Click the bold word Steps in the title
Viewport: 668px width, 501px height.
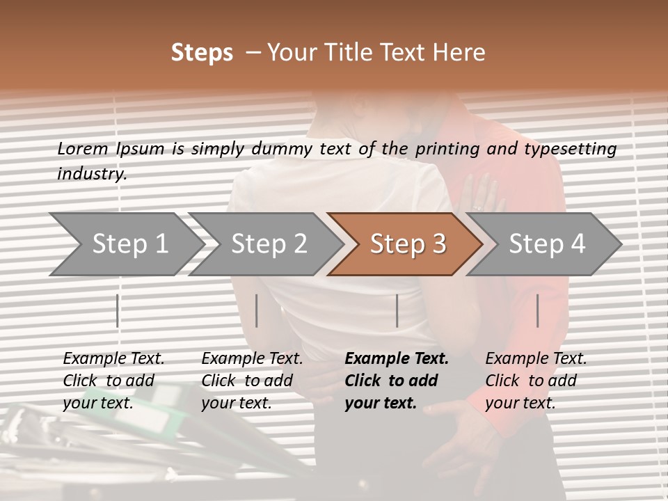tap(202, 53)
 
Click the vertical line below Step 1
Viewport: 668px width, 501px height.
tap(118, 310)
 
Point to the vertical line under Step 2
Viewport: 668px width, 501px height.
tap(257, 310)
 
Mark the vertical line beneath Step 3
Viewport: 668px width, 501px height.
tap(397, 310)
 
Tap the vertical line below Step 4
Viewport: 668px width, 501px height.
tap(538, 310)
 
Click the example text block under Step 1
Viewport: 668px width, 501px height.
tap(113, 381)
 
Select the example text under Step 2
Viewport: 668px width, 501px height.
tap(252, 381)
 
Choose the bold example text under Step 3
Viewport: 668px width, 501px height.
tap(396, 381)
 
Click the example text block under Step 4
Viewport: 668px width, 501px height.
tap(536, 381)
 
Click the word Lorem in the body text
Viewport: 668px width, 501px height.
tap(82, 149)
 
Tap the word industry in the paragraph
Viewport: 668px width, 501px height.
tap(92, 174)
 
